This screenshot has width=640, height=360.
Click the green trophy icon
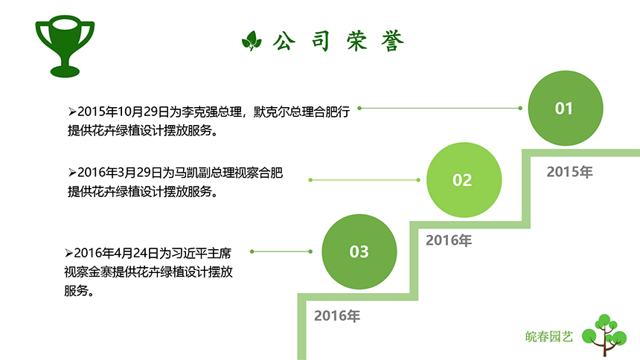(x=65, y=46)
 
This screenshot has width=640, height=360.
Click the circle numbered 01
(x=565, y=109)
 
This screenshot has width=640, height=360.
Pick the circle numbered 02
(x=462, y=179)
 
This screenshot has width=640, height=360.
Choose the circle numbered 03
(x=359, y=251)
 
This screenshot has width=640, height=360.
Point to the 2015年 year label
(x=569, y=172)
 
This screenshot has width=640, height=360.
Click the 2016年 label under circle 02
(x=449, y=240)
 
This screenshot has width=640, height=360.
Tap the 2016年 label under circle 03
(x=337, y=316)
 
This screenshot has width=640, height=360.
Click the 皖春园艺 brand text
(x=548, y=336)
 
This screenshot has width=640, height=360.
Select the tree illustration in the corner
(x=604, y=334)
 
